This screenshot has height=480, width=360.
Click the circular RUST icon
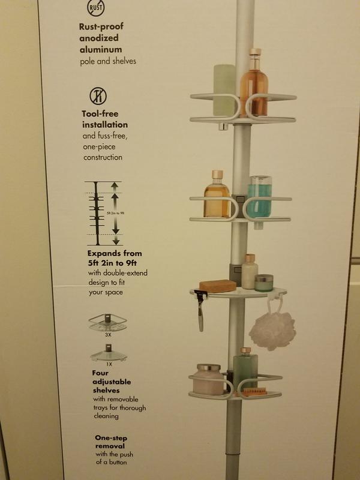[x=96, y=8]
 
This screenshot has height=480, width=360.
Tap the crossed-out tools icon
[x=98, y=96]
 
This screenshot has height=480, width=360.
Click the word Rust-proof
[x=101, y=26]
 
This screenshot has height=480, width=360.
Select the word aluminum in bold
[x=101, y=49]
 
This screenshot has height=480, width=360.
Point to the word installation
[x=105, y=125]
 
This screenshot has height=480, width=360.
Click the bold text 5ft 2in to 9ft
[x=112, y=263]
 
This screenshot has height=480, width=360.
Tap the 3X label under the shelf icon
[x=108, y=335]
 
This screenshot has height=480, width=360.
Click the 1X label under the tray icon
[x=109, y=364]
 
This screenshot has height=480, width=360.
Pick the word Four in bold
[x=100, y=373]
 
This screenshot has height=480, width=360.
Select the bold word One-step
[x=111, y=438]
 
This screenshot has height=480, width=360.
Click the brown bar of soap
[x=218, y=286]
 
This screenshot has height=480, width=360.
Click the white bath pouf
[x=272, y=330]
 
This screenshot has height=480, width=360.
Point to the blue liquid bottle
[x=259, y=199]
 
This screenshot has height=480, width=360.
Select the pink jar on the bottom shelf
[x=208, y=379]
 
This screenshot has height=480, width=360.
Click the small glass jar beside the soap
[x=263, y=283]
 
